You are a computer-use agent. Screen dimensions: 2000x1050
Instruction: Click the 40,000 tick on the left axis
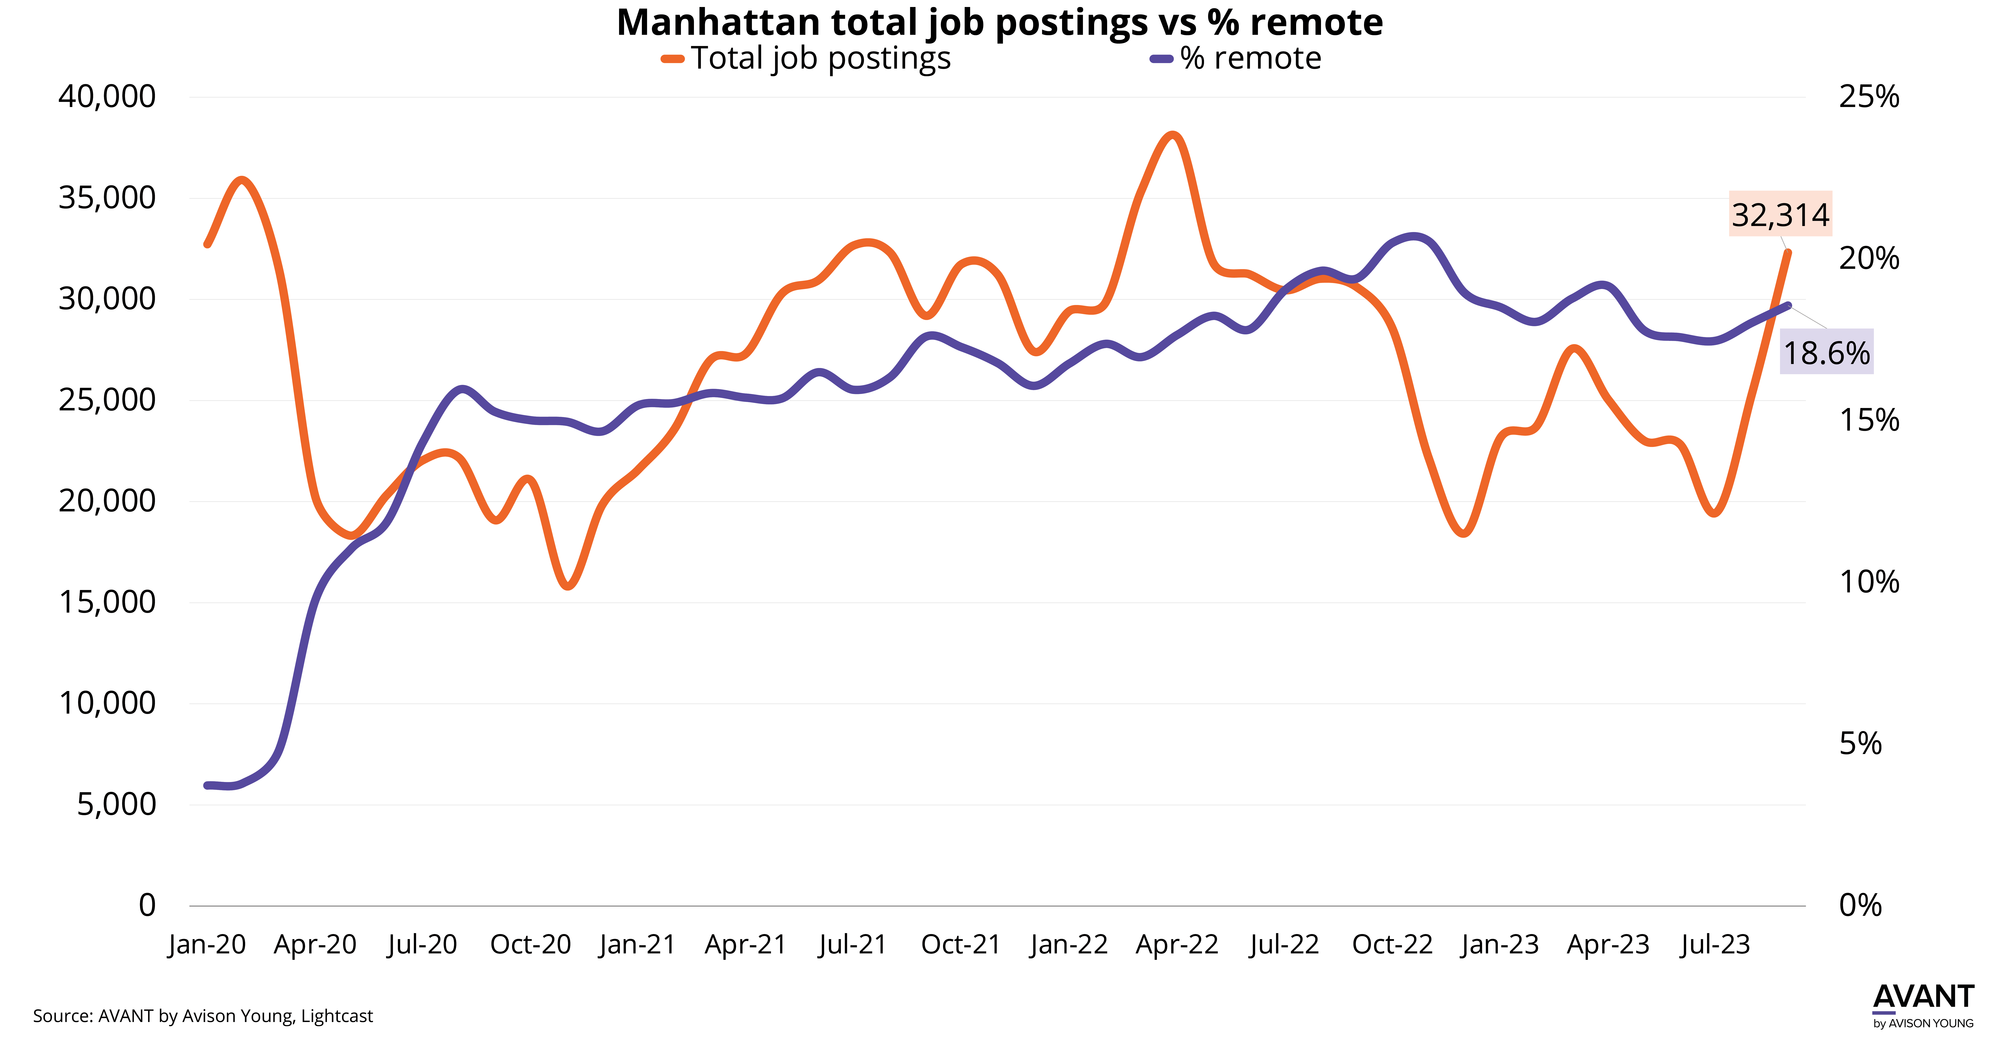coord(107,97)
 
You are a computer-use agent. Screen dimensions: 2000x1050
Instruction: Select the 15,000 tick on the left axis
coord(107,602)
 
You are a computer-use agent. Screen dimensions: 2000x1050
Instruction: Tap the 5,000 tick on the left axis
coord(116,804)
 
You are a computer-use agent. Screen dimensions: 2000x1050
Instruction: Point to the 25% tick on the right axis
coord(1869,97)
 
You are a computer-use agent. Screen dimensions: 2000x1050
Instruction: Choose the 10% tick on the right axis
coord(1869,582)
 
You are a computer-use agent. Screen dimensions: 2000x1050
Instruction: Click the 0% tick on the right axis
coord(1860,905)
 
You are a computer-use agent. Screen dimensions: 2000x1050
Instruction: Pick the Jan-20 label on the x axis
coord(207,944)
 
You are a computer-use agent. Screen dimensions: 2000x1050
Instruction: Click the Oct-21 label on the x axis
coord(961,944)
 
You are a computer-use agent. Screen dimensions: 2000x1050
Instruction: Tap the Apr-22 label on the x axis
coord(1177,944)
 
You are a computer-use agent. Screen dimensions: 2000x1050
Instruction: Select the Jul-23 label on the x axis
coord(1715,944)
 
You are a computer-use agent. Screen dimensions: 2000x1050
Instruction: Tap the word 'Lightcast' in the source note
coord(337,1016)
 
